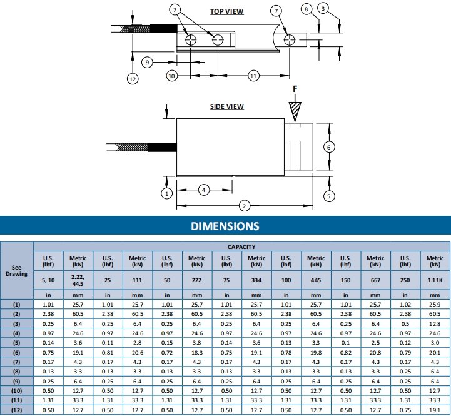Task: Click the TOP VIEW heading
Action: pos(226,11)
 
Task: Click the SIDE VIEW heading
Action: pos(226,107)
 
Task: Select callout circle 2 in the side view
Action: pos(245,205)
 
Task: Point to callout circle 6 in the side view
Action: pos(331,146)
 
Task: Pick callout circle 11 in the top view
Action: pos(253,75)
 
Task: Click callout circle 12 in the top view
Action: pos(133,79)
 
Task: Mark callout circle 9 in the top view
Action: pos(147,62)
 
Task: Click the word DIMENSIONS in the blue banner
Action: pos(225,226)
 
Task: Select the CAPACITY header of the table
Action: pos(241,246)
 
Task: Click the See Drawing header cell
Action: pos(16,270)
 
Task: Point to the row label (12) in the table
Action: pos(16,410)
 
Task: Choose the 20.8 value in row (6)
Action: pos(375,352)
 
